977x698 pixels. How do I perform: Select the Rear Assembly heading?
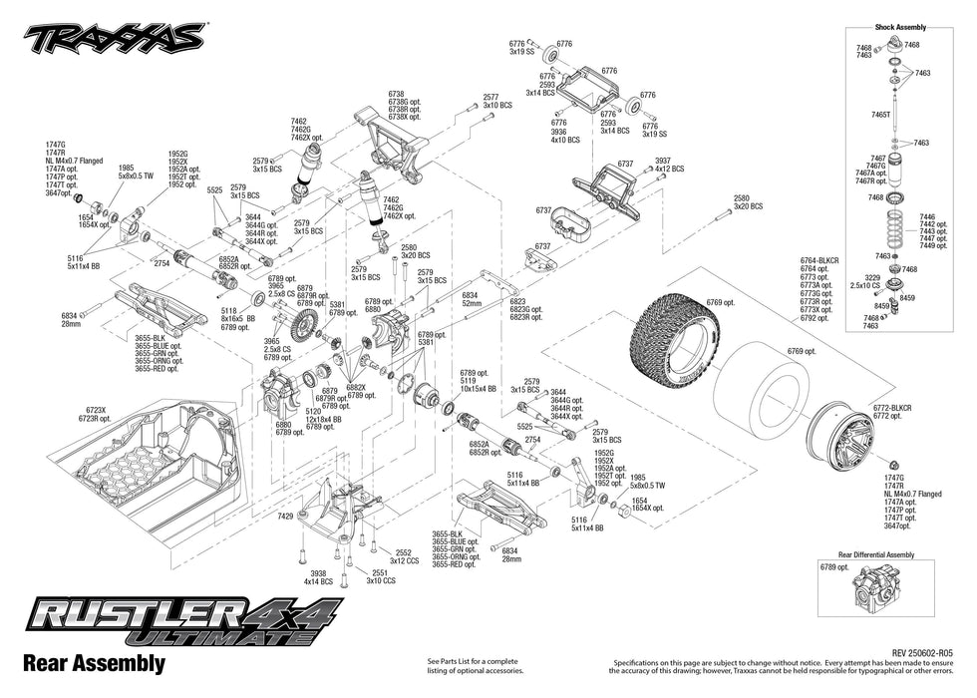pyautogui.click(x=93, y=663)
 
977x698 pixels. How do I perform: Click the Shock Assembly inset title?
pyautogui.click(x=899, y=27)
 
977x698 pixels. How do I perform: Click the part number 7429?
pyautogui.click(x=285, y=516)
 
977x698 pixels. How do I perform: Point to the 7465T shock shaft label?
pyautogui.click(x=881, y=116)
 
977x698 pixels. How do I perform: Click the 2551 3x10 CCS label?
pyautogui.click(x=381, y=576)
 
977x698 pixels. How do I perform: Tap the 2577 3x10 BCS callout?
pyautogui.click(x=497, y=101)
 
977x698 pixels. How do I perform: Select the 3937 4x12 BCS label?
pyautogui.click(x=669, y=164)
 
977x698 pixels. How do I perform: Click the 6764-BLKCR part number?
pyautogui.click(x=820, y=261)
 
